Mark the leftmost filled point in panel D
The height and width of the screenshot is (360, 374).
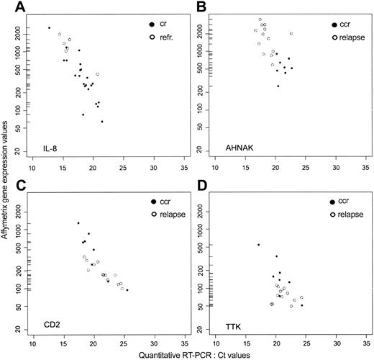(x=258, y=245)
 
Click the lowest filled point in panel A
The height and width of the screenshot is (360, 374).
(x=102, y=122)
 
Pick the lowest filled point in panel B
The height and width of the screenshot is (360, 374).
(x=278, y=86)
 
